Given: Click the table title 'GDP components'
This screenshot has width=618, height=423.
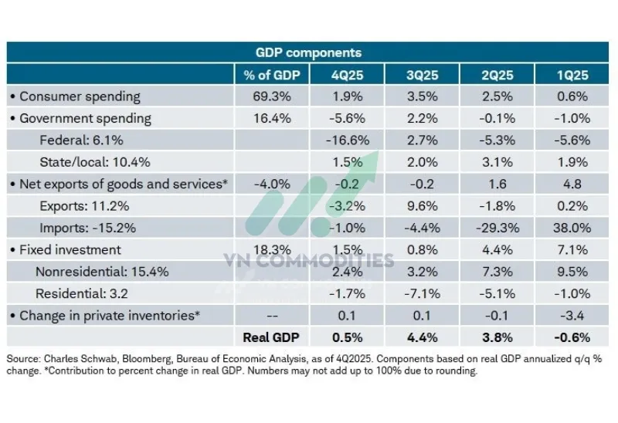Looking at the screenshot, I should coord(308,52).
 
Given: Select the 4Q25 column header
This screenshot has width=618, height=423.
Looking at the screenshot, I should coord(347,75).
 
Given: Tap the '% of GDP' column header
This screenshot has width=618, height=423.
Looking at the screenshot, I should coord(271,75).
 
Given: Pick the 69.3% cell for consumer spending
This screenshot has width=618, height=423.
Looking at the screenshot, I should coord(271,96).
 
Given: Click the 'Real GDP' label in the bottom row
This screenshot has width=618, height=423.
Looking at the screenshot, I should coord(271,337).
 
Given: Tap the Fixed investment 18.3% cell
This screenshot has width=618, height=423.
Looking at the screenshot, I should coord(271,249).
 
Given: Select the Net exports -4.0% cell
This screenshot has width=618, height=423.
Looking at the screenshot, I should coord(271,184).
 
